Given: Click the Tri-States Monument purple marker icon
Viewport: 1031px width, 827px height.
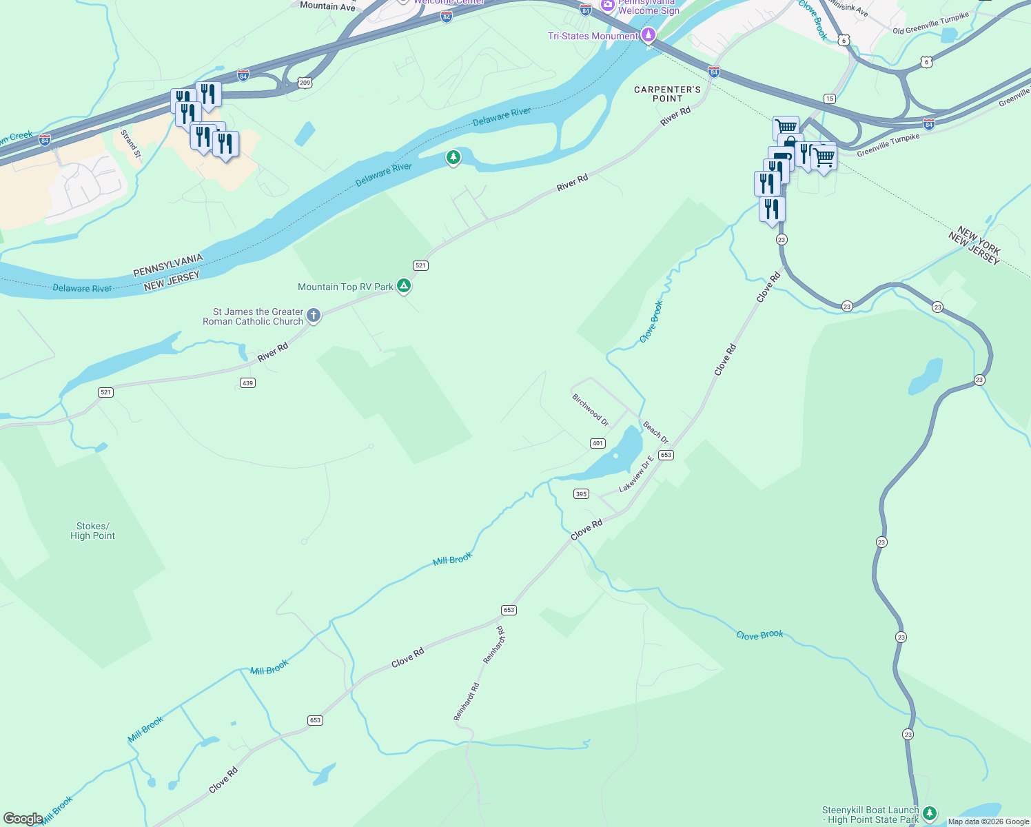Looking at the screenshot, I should point(648,34).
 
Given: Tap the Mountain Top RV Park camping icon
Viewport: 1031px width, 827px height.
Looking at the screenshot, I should point(404,285).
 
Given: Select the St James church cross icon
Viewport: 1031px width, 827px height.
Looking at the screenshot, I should point(314,316).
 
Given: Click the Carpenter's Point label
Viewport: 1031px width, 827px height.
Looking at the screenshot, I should point(667,94).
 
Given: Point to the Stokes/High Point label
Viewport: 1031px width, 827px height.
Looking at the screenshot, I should point(92,531).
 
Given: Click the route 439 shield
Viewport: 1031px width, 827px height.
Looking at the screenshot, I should point(247,382).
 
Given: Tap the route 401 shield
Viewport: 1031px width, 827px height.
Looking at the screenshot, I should point(598,443).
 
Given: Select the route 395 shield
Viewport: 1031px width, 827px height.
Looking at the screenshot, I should point(581,493).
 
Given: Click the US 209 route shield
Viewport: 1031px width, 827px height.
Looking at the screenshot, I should point(305,83).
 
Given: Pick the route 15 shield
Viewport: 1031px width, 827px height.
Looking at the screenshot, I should point(830,99).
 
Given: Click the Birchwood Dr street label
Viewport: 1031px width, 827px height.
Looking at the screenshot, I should point(591,409).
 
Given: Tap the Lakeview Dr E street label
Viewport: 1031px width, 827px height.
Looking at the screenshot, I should point(635,473).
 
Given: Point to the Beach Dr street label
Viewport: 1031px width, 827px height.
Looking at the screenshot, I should point(655,432).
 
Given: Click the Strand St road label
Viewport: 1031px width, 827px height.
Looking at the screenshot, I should point(130,143).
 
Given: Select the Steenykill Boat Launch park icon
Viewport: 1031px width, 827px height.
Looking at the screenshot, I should point(930,814).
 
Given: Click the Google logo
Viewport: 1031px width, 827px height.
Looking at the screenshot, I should point(23,819).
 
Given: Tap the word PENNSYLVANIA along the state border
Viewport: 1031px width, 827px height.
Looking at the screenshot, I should point(168,265).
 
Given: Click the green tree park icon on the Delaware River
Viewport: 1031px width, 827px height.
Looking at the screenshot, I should point(453,158).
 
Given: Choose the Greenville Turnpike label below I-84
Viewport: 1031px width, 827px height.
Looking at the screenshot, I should point(888,145).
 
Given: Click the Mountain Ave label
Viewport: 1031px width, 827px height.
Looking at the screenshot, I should point(327,7).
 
